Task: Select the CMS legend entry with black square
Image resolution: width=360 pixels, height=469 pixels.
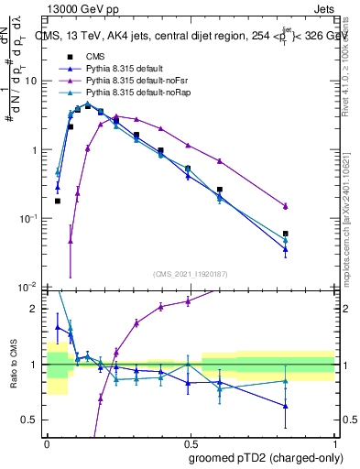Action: point(96,54)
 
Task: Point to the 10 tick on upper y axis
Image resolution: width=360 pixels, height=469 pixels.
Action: point(34,81)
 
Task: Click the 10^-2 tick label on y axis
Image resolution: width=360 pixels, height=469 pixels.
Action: point(29,288)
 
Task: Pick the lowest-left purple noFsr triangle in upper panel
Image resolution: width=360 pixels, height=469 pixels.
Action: point(71,241)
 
